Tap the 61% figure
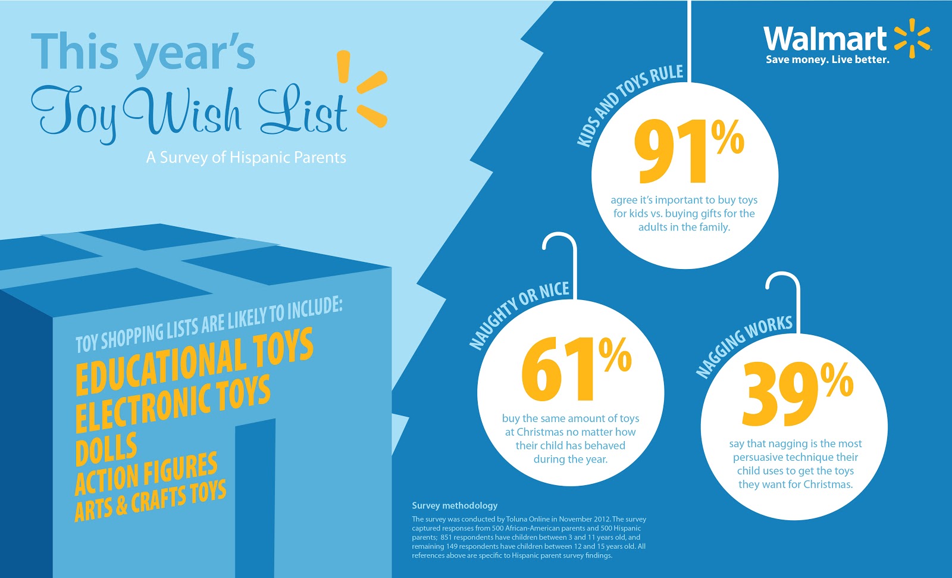(x=576, y=369)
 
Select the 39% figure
(x=797, y=393)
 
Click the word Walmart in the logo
(x=825, y=39)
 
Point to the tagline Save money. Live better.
(x=828, y=60)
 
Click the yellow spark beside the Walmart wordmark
(x=912, y=38)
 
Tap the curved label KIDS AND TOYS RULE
(x=629, y=104)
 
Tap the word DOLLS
(x=107, y=449)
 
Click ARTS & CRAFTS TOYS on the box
(x=150, y=501)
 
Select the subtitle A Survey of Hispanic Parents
(x=246, y=158)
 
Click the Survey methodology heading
(x=455, y=506)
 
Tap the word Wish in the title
(x=183, y=111)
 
